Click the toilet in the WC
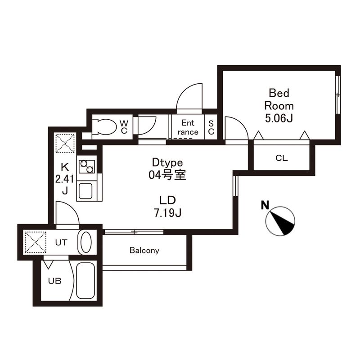105,126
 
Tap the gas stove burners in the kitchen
87,166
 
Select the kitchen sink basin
85,191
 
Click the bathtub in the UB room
85,280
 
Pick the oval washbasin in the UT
86,242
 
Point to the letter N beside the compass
265,205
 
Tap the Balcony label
144,250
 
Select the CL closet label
282,158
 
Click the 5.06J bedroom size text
279,118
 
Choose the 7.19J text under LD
167,213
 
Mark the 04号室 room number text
167,175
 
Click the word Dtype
167,163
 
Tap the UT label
61,243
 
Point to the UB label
55,281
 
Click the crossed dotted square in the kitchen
65,144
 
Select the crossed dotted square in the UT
36,243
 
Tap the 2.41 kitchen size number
65,179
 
